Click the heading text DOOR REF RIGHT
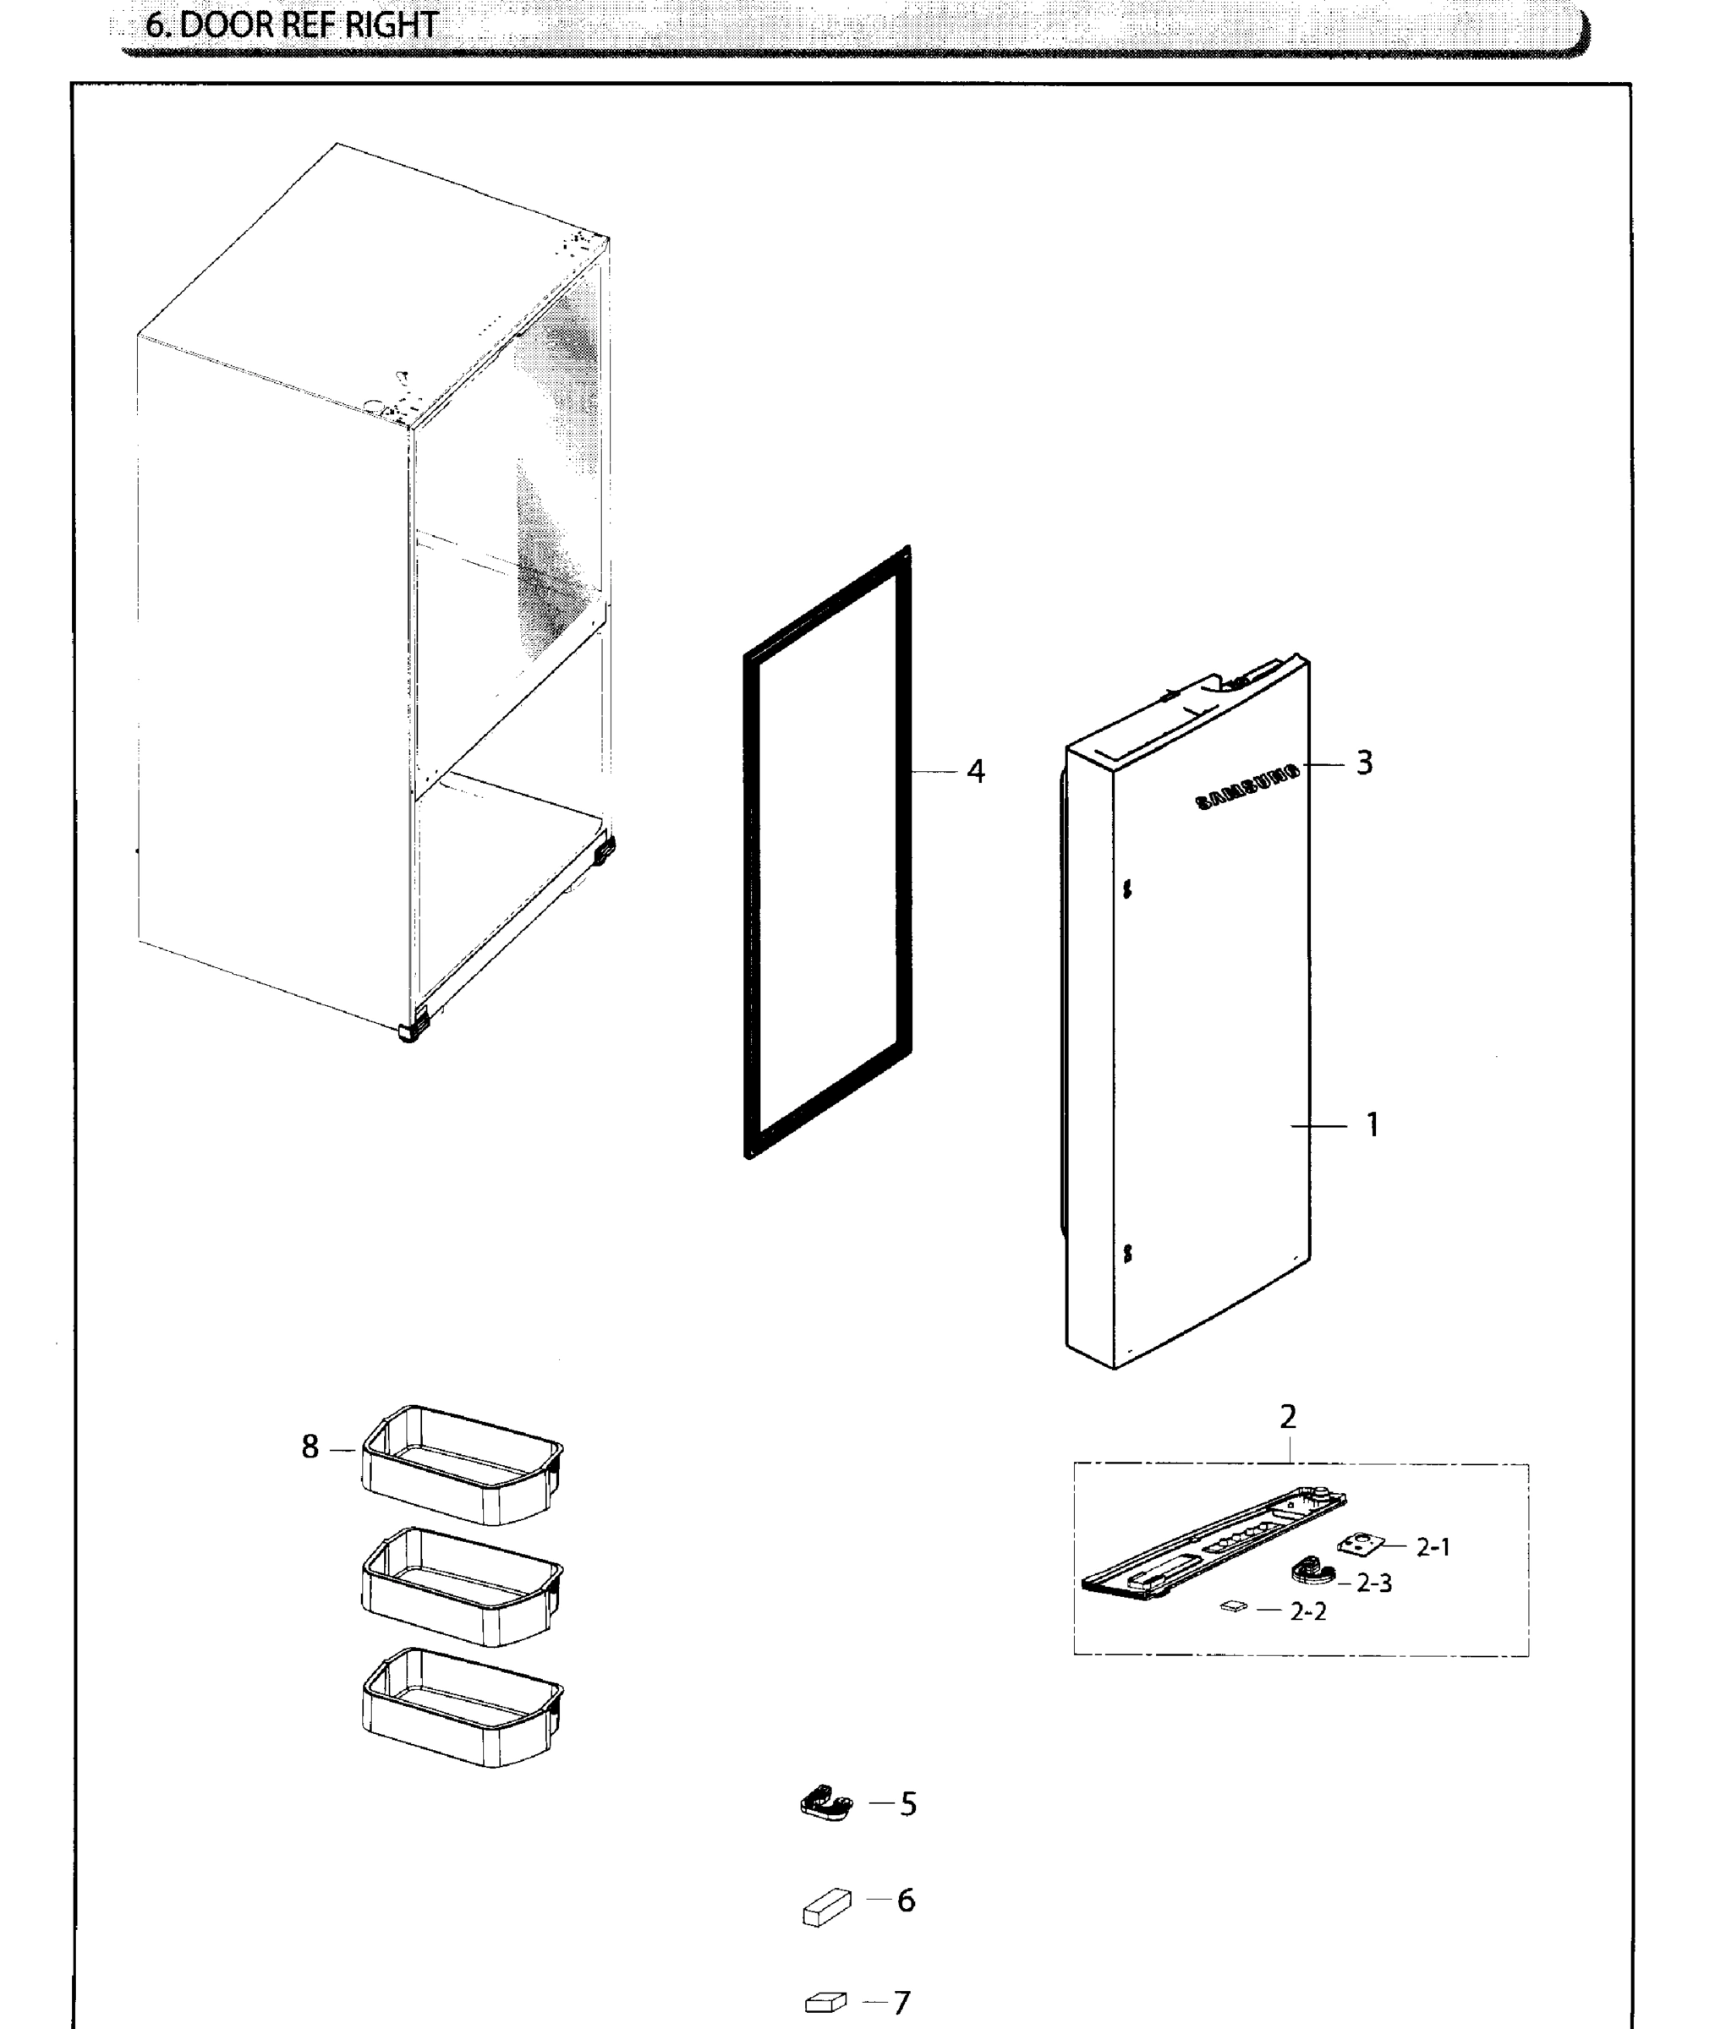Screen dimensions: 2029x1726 (292, 25)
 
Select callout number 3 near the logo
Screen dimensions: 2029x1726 (1364, 762)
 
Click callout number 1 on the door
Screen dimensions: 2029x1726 (1372, 1125)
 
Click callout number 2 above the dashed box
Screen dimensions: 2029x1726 (1288, 1417)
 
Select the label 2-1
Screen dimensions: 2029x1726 (1433, 1547)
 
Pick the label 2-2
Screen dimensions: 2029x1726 (1308, 1611)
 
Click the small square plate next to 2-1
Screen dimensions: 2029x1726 (1361, 1545)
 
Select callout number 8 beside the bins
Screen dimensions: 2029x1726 (310, 1446)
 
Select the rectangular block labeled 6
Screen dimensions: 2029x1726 (826, 1906)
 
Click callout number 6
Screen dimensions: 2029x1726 (906, 1900)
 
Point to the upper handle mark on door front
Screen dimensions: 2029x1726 (1127, 889)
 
